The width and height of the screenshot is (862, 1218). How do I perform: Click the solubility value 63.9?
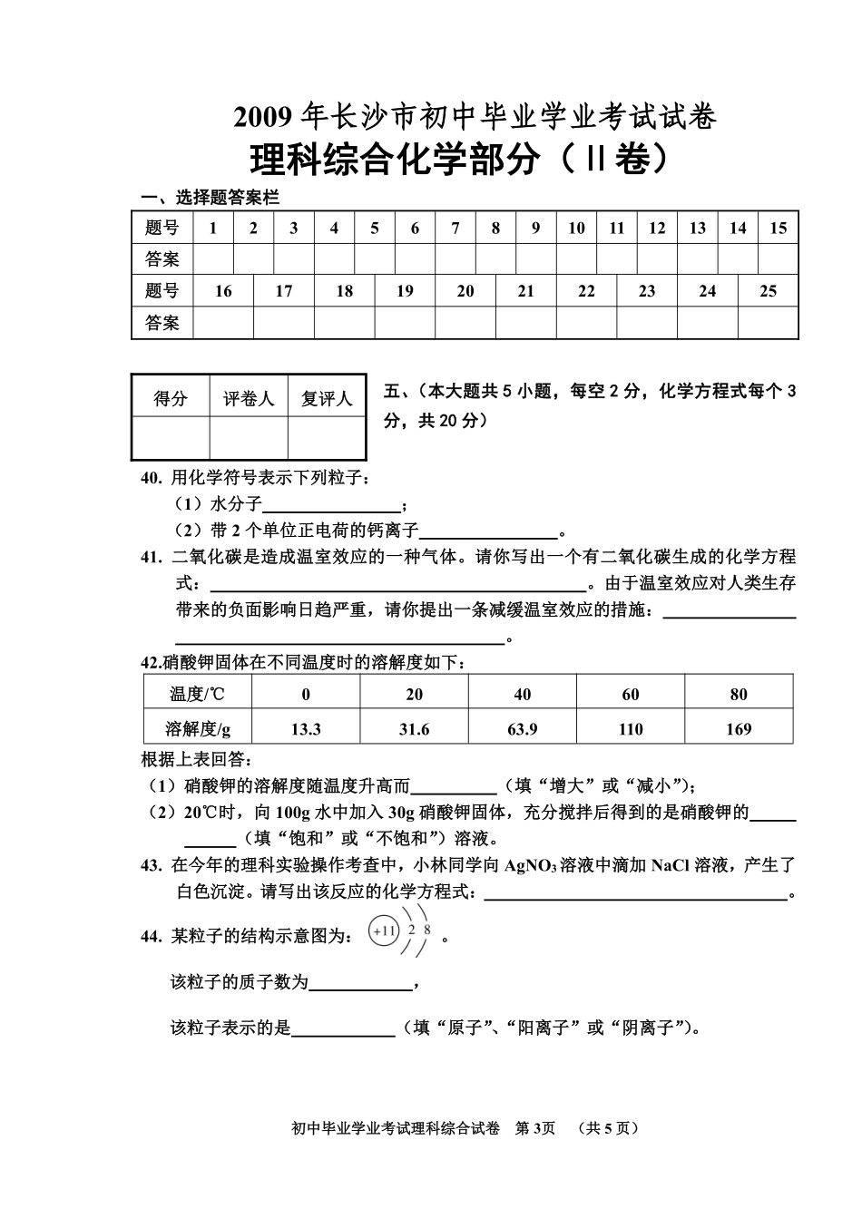[522, 729]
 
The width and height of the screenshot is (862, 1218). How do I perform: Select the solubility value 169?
[739, 729]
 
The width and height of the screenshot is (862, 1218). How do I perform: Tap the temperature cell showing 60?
[631, 695]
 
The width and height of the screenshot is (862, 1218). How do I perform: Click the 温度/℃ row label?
[198, 695]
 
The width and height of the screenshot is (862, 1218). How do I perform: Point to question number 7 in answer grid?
[455, 229]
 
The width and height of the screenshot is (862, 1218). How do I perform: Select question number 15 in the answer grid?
[778, 229]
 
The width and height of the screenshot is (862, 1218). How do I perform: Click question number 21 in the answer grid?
[526, 291]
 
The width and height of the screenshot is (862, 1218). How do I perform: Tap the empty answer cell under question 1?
[213, 259]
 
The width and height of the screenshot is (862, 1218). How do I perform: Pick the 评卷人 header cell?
[249, 399]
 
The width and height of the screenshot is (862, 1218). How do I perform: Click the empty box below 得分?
[171, 438]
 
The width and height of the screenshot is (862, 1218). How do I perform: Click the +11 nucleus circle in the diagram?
[385, 931]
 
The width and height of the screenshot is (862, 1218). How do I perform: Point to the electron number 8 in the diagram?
[427, 930]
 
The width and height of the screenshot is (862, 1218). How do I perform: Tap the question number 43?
[151, 866]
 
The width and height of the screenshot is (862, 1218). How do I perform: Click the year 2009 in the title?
[265, 118]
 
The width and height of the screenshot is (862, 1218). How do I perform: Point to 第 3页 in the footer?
[534, 1129]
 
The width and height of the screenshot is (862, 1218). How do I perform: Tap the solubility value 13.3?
[306, 729]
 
